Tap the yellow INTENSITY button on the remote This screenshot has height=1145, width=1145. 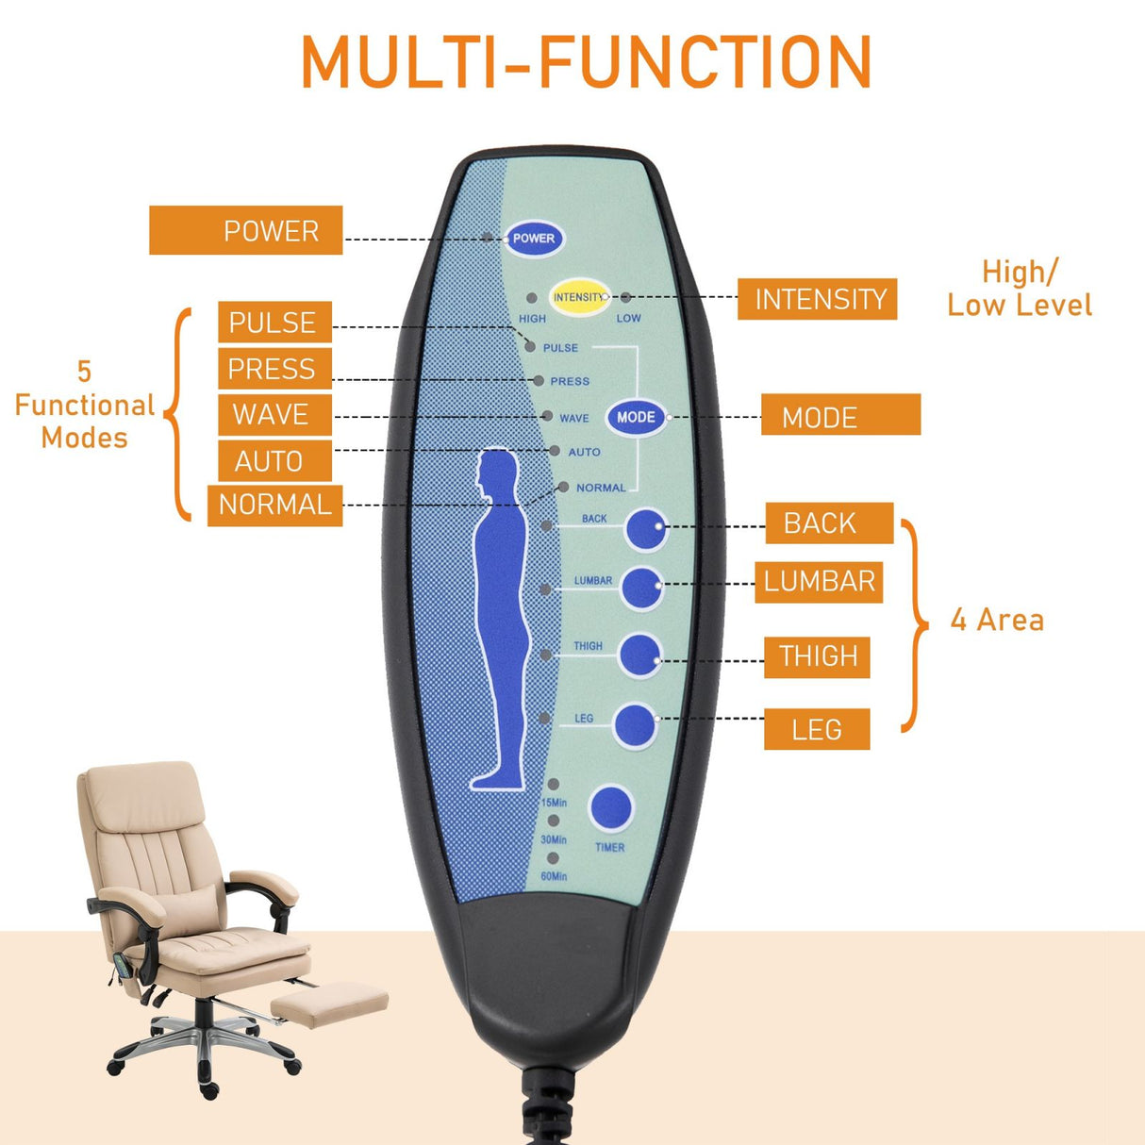coord(579,297)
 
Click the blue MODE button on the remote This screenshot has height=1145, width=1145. coord(636,417)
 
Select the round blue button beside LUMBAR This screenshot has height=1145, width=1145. coord(641,589)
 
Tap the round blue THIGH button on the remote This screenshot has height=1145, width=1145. coord(639,655)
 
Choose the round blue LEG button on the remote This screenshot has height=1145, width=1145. coord(635,725)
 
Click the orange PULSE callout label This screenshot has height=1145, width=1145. coord(274,323)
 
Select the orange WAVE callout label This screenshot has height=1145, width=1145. coord(274,414)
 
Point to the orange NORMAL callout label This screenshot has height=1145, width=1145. coord(274,505)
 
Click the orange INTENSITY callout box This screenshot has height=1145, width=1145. coord(817,299)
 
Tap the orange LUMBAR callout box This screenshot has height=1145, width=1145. coord(819,581)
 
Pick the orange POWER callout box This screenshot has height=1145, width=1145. coord(246,231)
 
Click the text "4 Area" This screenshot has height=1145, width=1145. coord(997,620)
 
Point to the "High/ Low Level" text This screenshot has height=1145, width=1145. coord(1020,289)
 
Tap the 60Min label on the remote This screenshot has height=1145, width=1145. coord(554,876)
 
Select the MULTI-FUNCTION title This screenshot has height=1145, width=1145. coord(586,62)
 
